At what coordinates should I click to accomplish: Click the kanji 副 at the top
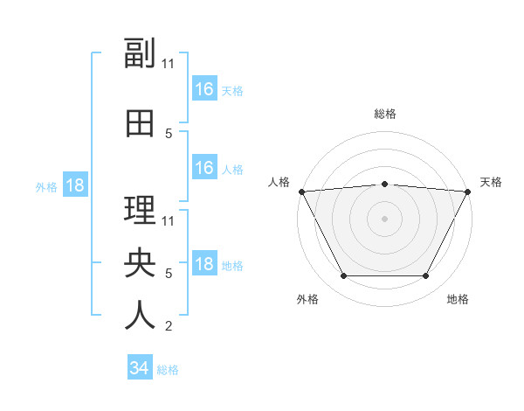pos(140,52)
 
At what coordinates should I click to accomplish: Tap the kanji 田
pos(140,123)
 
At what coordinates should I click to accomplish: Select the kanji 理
pos(140,210)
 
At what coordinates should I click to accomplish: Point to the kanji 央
pos(140,262)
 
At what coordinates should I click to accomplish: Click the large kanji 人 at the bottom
pos(140,315)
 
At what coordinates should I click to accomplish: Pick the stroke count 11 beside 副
pos(168,64)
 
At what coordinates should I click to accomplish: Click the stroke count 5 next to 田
pos(169,134)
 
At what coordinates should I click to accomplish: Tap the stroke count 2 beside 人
pos(169,325)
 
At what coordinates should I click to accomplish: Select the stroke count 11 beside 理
pos(168,221)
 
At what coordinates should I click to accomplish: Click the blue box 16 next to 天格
pos(204,88)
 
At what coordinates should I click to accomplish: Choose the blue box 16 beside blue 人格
pos(204,167)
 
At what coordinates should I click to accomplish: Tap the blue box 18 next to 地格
pos(204,262)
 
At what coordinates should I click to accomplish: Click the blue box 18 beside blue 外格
pos(75,185)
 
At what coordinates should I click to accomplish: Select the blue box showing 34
pos(140,366)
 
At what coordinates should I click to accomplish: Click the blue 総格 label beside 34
pos(168,370)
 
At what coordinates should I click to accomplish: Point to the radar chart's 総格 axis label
pos(385,114)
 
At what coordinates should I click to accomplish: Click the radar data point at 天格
pos(467,192)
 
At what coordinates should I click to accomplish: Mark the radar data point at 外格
pos(343,275)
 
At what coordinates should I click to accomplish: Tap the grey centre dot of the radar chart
pos(384,219)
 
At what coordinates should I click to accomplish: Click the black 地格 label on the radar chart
pos(458,299)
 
